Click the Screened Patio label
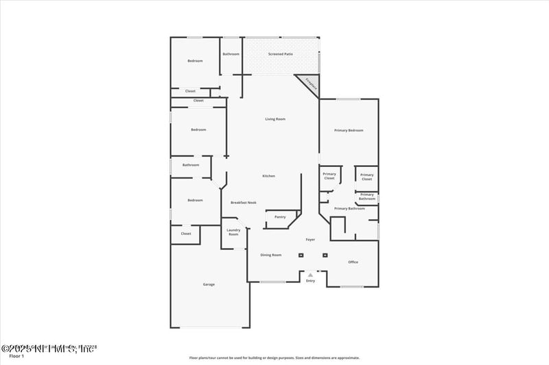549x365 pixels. [x=281, y=53]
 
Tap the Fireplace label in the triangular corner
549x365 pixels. [x=309, y=85]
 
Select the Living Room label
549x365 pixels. [x=275, y=119]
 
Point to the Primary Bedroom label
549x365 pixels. [x=349, y=130]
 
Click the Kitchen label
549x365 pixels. [x=268, y=176]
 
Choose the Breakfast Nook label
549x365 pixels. [x=243, y=203]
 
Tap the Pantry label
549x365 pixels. [x=280, y=217]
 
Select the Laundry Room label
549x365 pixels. [x=233, y=232]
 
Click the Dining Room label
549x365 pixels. [x=271, y=255]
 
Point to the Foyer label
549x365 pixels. [x=310, y=240]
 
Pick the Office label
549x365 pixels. [x=353, y=262]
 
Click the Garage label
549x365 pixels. [x=209, y=284]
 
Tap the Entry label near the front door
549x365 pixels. [x=310, y=281]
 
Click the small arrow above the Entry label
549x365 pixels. [x=310, y=275]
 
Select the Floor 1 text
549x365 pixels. [x=16, y=357]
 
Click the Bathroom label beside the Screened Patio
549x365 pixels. [x=231, y=54]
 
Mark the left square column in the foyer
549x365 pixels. [x=301, y=255]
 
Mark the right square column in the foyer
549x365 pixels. [x=325, y=255]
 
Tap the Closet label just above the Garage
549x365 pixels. [x=186, y=234]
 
